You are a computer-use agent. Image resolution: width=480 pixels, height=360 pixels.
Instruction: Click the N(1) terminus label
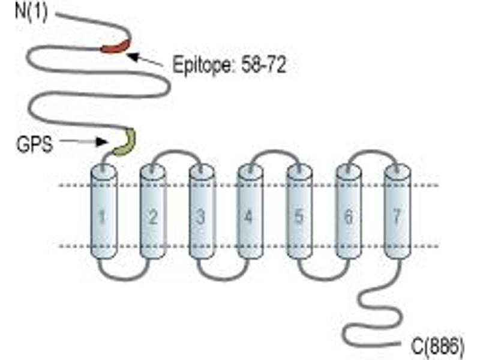(32, 12)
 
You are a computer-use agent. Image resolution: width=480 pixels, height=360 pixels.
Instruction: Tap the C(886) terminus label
(438, 346)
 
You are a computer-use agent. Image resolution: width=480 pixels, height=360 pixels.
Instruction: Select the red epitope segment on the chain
(116, 46)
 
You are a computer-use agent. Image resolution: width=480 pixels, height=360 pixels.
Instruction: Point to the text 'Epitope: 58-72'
(229, 65)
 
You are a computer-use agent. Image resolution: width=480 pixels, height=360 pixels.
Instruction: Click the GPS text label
(34, 144)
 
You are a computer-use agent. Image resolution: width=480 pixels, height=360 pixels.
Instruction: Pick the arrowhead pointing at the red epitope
(131, 56)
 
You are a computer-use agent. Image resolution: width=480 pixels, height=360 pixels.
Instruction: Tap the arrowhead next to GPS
(101, 142)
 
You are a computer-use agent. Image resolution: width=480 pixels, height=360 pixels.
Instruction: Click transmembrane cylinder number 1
(104, 212)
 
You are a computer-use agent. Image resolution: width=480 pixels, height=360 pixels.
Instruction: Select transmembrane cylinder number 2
(153, 212)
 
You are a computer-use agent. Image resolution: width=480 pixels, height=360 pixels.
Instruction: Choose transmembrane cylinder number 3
(202, 212)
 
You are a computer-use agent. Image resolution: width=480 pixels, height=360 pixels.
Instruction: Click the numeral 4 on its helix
(249, 217)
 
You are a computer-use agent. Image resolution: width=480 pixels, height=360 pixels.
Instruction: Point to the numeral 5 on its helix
(298, 217)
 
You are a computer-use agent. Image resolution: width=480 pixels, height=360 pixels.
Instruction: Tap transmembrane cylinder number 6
(349, 212)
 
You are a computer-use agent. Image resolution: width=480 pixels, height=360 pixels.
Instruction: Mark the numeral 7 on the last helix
(397, 217)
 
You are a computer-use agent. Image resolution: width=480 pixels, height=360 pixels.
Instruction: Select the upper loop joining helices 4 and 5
(274, 151)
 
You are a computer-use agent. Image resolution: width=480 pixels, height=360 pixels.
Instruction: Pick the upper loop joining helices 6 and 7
(373, 151)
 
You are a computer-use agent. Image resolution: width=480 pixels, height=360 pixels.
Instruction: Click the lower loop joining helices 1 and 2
(125, 279)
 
